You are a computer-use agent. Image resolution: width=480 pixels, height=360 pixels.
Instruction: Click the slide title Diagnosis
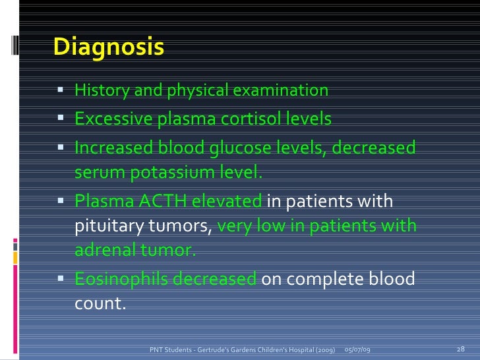pos(108,47)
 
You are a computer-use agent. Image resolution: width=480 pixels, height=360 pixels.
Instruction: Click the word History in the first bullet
pos(102,90)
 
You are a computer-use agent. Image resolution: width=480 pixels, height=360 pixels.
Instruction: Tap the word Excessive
pos(113,119)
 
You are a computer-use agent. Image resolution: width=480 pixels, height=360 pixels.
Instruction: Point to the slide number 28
pos(461,348)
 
